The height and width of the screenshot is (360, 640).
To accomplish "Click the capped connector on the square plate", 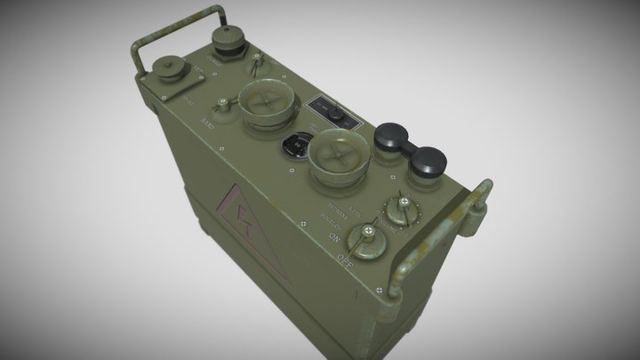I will tap(166, 72).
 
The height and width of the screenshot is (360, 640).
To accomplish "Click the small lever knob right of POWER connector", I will tap(257, 65).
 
